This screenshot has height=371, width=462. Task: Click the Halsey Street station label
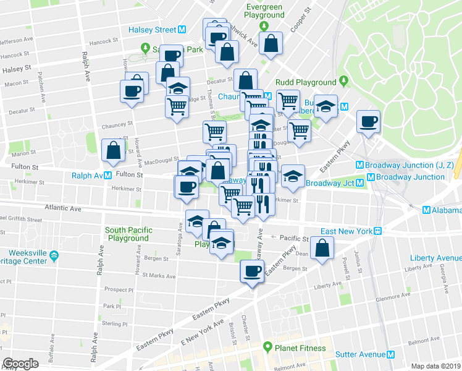[x=152, y=30]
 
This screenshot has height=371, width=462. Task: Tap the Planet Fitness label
[x=300, y=348]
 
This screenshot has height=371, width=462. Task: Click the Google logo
[x=20, y=363]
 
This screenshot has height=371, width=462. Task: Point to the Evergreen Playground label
[x=263, y=10]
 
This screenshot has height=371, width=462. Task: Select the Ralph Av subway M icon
[x=107, y=176]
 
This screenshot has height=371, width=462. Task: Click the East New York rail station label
[x=345, y=231]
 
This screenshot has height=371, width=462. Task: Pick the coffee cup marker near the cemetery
[x=369, y=121]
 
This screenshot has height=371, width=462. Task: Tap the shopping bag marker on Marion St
[x=114, y=151]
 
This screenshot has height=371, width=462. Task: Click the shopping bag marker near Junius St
[x=322, y=249]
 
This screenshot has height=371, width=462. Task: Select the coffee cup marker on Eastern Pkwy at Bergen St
[x=251, y=271]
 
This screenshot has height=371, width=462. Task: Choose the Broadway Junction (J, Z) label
[x=407, y=165]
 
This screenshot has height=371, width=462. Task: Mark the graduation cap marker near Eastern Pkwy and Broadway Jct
[x=293, y=176]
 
